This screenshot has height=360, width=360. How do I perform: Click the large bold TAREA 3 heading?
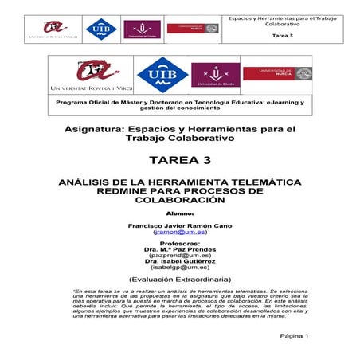(x=179, y=160)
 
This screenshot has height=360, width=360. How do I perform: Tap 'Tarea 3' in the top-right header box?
(x=282, y=36)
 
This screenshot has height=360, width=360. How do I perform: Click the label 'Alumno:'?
(x=179, y=213)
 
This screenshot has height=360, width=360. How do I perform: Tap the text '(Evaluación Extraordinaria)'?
(x=179, y=280)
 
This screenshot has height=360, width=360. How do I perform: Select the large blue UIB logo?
(x=162, y=75)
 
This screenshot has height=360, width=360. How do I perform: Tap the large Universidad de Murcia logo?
(x=276, y=73)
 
